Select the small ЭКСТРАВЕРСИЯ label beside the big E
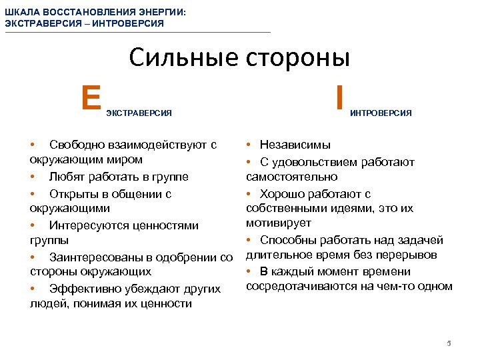tap(139, 113)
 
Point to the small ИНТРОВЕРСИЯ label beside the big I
tap(381, 113)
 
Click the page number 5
tap(449, 343)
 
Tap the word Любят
tap(65, 177)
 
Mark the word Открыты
tap(73, 194)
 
